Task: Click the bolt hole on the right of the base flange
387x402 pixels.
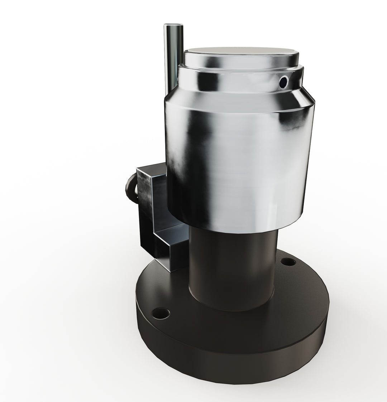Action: coord(288,262)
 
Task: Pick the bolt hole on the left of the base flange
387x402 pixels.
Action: coord(161,314)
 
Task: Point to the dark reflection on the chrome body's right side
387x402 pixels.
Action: coord(294,122)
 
